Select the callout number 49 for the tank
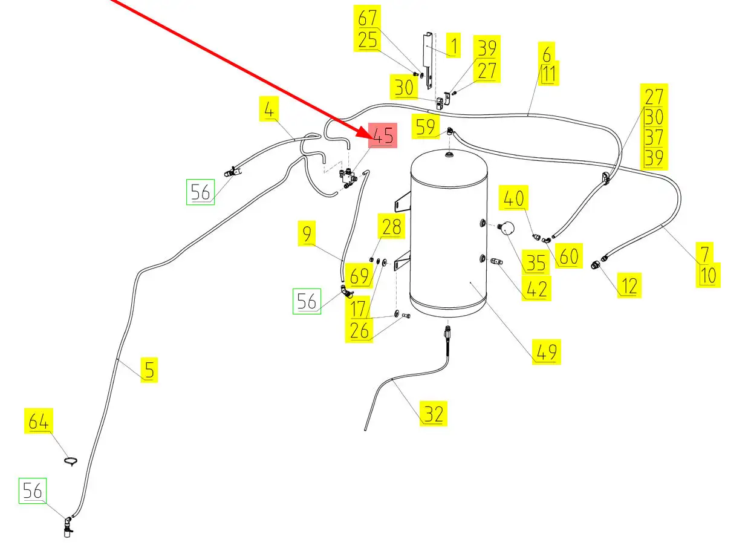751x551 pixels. point(546,351)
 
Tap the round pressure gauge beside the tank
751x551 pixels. point(506,228)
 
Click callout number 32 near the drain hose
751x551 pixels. point(434,414)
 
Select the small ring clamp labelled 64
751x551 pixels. point(71,461)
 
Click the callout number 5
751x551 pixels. point(149,370)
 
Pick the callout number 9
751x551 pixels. point(308,233)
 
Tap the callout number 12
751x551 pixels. point(629,285)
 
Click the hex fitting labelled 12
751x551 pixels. point(596,264)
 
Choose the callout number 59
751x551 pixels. point(426,126)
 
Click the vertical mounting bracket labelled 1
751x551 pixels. point(428,57)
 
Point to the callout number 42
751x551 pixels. point(536,288)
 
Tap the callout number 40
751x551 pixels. point(515,198)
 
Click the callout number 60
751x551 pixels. point(568,256)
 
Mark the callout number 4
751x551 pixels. point(270,111)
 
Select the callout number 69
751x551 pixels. point(359,276)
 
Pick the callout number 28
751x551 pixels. point(391,227)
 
